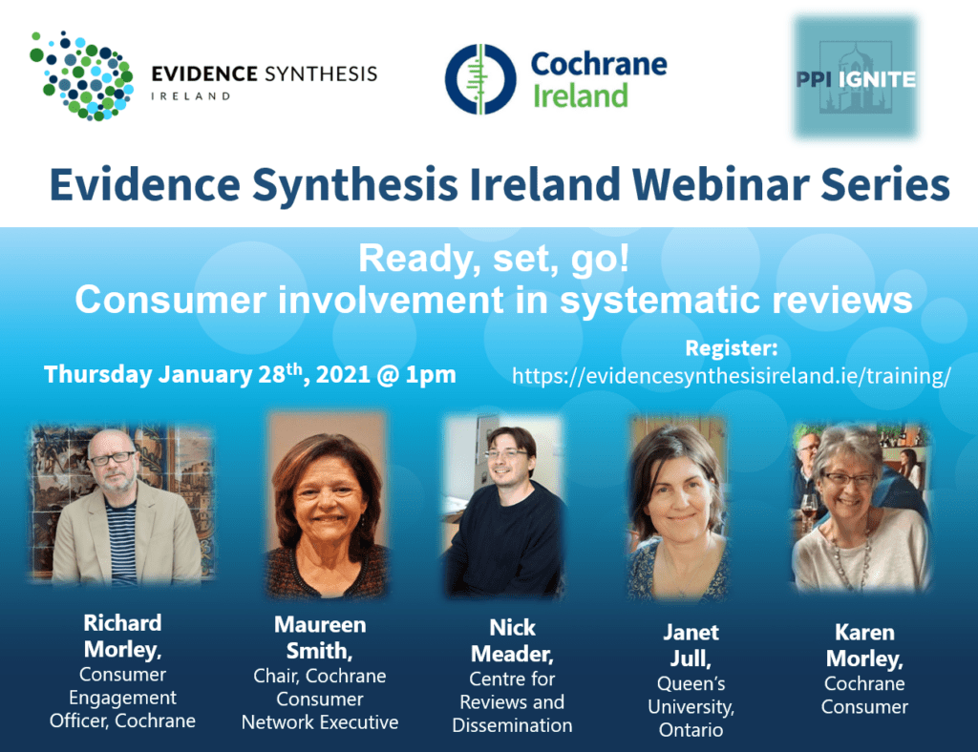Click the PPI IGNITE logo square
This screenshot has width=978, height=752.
click(x=856, y=77)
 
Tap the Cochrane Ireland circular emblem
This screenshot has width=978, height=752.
click(x=480, y=79)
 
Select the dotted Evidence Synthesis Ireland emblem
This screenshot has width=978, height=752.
click(x=82, y=74)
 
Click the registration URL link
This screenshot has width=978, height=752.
click(x=731, y=376)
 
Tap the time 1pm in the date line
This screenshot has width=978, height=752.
click(x=431, y=374)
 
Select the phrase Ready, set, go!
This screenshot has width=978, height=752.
click(x=494, y=258)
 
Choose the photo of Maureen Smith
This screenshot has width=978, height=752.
click(x=328, y=505)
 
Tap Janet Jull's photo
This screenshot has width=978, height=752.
click(x=678, y=508)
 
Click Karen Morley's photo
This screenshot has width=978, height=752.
click(x=861, y=507)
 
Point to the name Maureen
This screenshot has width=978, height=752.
click(x=320, y=624)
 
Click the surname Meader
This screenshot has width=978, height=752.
click(x=512, y=654)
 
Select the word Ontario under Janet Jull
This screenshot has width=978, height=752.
click(x=691, y=729)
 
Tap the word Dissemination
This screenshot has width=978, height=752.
click(x=512, y=725)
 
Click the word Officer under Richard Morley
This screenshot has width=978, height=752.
click(x=80, y=721)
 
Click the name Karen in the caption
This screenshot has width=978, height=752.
click(x=864, y=633)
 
